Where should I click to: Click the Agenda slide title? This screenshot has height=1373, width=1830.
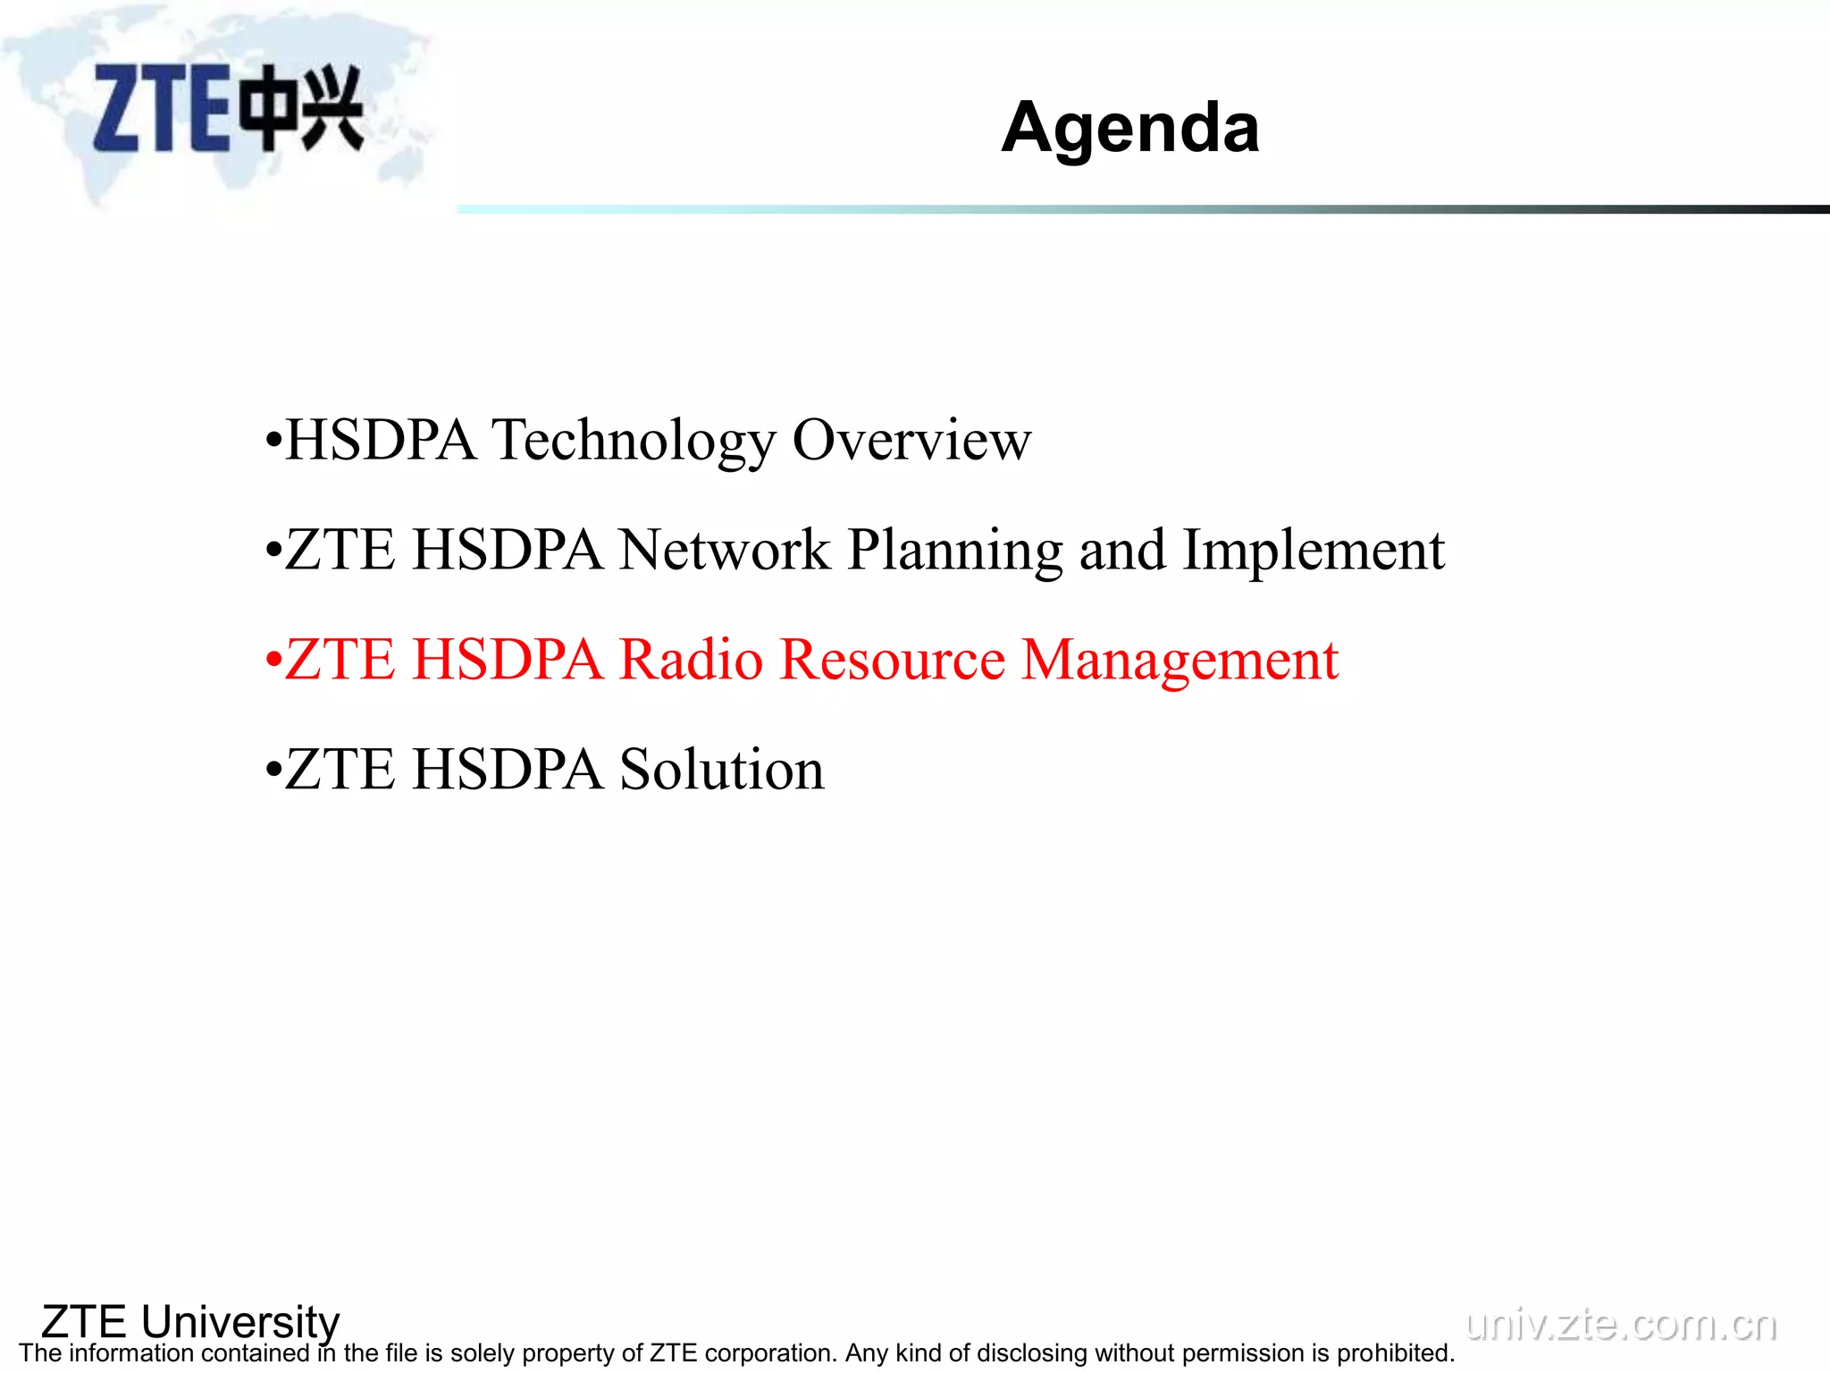[x=1129, y=128]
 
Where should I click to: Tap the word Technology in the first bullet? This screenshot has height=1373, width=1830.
[x=634, y=440]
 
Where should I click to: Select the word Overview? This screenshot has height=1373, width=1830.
[x=911, y=440]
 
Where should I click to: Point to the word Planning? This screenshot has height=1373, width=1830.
[x=954, y=551]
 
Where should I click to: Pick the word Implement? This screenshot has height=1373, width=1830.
[x=1313, y=551]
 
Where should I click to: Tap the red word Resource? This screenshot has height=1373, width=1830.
[x=893, y=660]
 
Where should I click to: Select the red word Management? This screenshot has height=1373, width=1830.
[x=1179, y=661]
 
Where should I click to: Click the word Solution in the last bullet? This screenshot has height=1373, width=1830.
[x=722, y=770]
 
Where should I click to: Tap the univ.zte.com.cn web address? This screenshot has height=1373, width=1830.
[x=1621, y=1324]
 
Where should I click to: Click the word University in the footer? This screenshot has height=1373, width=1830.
[x=240, y=1321]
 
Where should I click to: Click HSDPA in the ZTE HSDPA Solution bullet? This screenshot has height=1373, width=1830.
[x=508, y=770]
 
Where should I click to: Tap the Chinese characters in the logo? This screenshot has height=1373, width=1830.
[x=303, y=107]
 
